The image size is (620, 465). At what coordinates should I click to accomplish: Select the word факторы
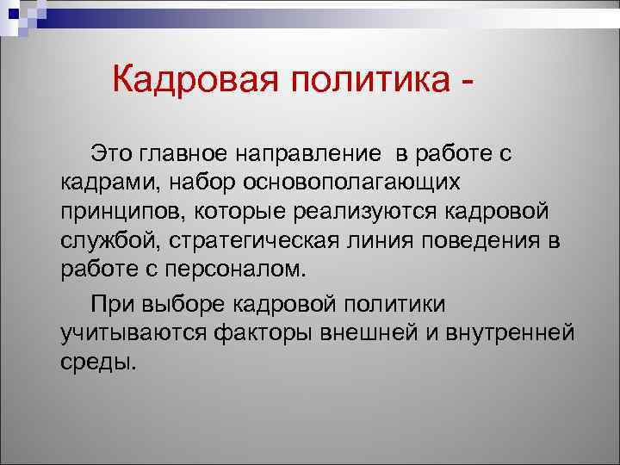(x=260, y=332)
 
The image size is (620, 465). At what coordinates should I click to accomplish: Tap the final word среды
(x=96, y=361)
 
